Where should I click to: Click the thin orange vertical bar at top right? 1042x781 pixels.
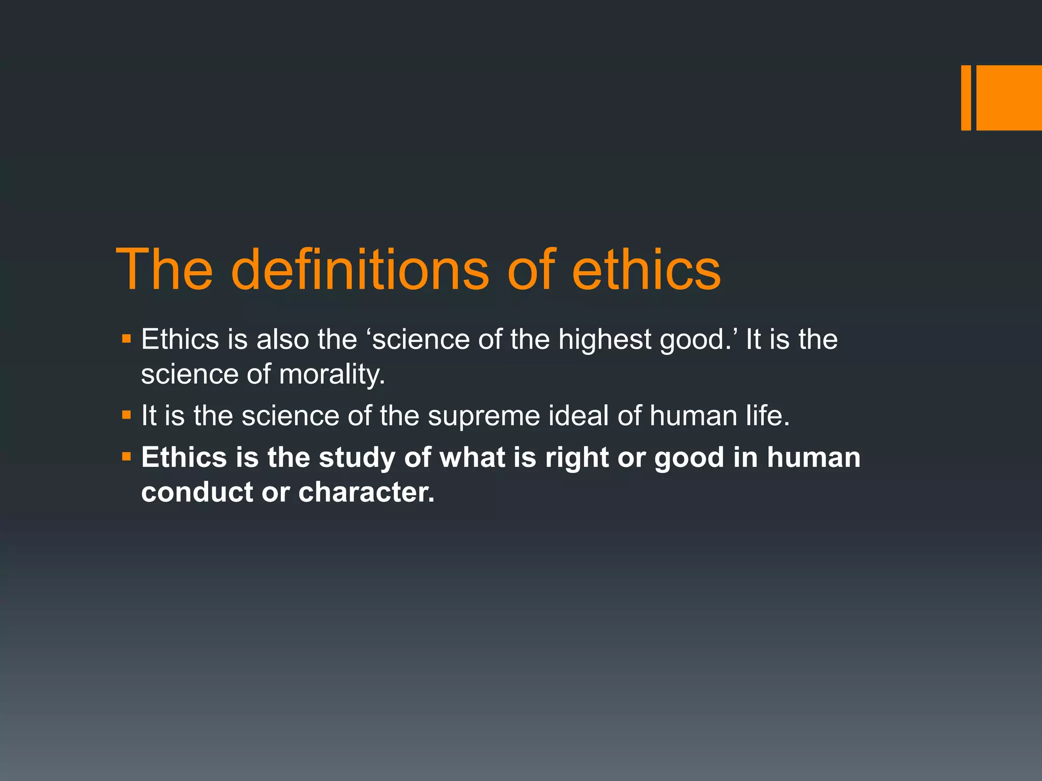966,98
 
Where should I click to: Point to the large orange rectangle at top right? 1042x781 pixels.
1009,98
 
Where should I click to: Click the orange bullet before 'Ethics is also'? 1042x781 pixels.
127,338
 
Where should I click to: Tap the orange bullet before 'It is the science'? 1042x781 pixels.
127,415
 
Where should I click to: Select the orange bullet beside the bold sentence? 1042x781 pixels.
127,456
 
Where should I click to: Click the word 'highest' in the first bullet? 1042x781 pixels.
604,339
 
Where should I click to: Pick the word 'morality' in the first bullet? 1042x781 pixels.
331,375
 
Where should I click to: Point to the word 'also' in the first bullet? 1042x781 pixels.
282,339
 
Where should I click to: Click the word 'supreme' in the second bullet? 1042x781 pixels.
483,416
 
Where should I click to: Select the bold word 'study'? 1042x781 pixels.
357,458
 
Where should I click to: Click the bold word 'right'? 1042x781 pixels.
576,458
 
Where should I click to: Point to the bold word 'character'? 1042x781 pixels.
365,492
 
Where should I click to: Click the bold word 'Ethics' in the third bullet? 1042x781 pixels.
184,457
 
